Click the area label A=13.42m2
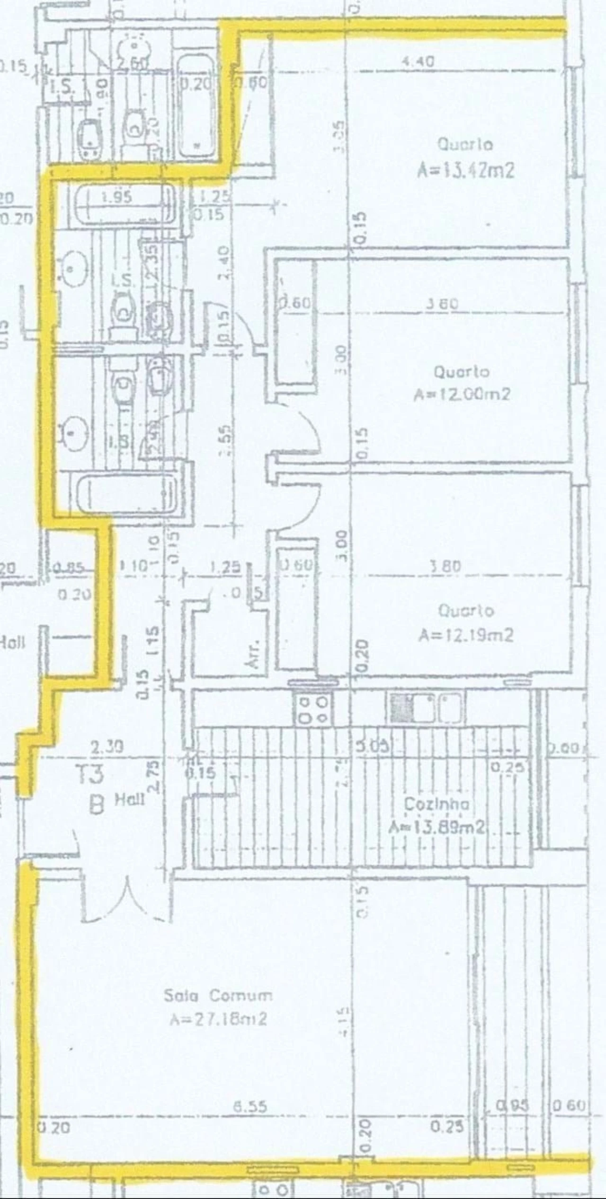tap(465, 170)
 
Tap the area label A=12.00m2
tap(462, 394)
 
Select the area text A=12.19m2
tap(465, 635)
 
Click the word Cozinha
tap(437, 804)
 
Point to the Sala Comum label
tap(218, 996)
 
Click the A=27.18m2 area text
tap(218, 1019)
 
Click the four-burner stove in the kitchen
tap(312, 709)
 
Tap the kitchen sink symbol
tap(425, 708)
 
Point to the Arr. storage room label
tap(254, 654)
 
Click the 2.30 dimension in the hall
tap(107, 747)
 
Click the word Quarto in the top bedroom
tap(464, 145)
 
